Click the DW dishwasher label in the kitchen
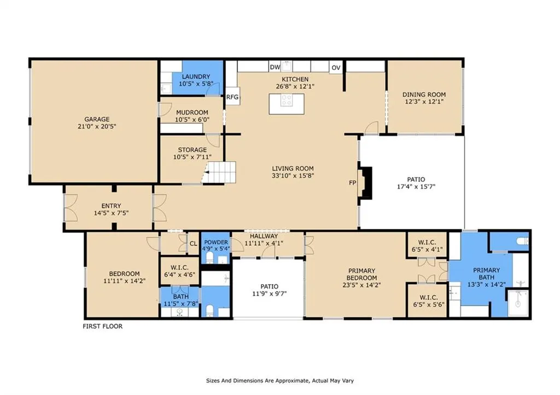(x=275, y=67)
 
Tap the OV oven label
(x=336, y=68)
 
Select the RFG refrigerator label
(x=232, y=97)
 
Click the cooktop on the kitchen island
(x=287, y=101)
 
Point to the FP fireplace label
(x=353, y=182)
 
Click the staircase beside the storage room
(x=219, y=172)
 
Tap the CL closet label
(x=193, y=244)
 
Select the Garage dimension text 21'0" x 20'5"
(x=97, y=126)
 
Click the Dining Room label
(x=424, y=95)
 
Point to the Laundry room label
(x=196, y=76)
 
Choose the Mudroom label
(x=192, y=113)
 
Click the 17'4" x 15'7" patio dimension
(x=416, y=186)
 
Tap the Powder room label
(x=216, y=242)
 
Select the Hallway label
(x=264, y=236)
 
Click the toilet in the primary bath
(x=523, y=241)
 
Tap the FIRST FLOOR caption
(x=102, y=326)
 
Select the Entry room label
(x=111, y=206)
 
